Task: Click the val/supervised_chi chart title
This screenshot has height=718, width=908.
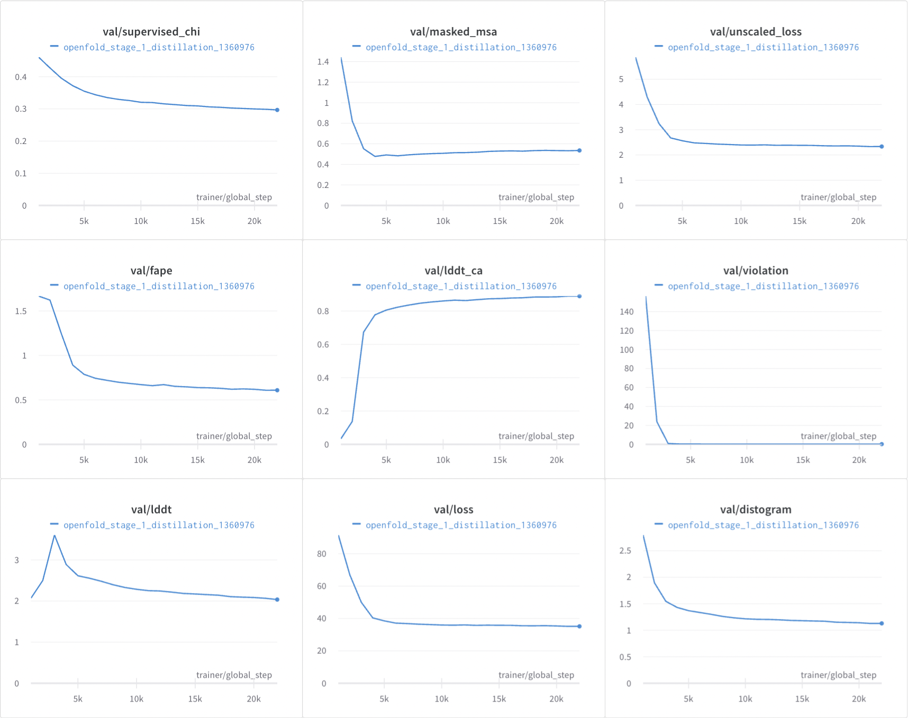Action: [x=151, y=32]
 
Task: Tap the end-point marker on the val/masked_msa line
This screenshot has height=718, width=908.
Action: [x=579, y=150]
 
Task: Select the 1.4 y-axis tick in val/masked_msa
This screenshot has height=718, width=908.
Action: [x=323, y=62]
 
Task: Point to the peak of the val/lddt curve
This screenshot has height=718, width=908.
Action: [x=55, y=536]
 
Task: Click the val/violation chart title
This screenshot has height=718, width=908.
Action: [x=755, y=271]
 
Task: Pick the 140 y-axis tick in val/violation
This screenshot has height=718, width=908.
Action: [x=626, y=311]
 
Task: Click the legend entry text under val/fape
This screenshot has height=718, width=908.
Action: [x=159, y=286]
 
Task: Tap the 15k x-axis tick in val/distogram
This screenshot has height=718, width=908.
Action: [x=802, y=699]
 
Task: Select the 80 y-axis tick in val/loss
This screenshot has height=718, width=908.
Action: [x=321, y=554]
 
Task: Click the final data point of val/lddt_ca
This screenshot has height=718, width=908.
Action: [x=579, y=296]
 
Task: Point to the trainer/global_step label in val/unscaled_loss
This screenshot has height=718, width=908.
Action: [x=838, y=197]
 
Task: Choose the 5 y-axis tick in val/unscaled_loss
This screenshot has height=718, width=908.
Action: [x=621, y=79]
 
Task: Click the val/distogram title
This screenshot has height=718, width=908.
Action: [x=755, y=509]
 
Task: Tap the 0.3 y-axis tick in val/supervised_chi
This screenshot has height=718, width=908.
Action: [x=21, y=109]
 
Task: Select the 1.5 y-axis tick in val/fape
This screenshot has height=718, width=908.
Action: [x=21, y=311]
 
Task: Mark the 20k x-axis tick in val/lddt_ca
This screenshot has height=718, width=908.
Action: [x=556, y=460]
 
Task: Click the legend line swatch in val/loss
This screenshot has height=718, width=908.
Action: [x=356, y=524]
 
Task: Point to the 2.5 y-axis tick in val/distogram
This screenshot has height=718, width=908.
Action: [x=625, y=551]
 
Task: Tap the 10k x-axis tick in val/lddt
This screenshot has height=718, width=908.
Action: [x=137, y=699]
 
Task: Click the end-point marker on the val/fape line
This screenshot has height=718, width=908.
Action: [x=277, y=390]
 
